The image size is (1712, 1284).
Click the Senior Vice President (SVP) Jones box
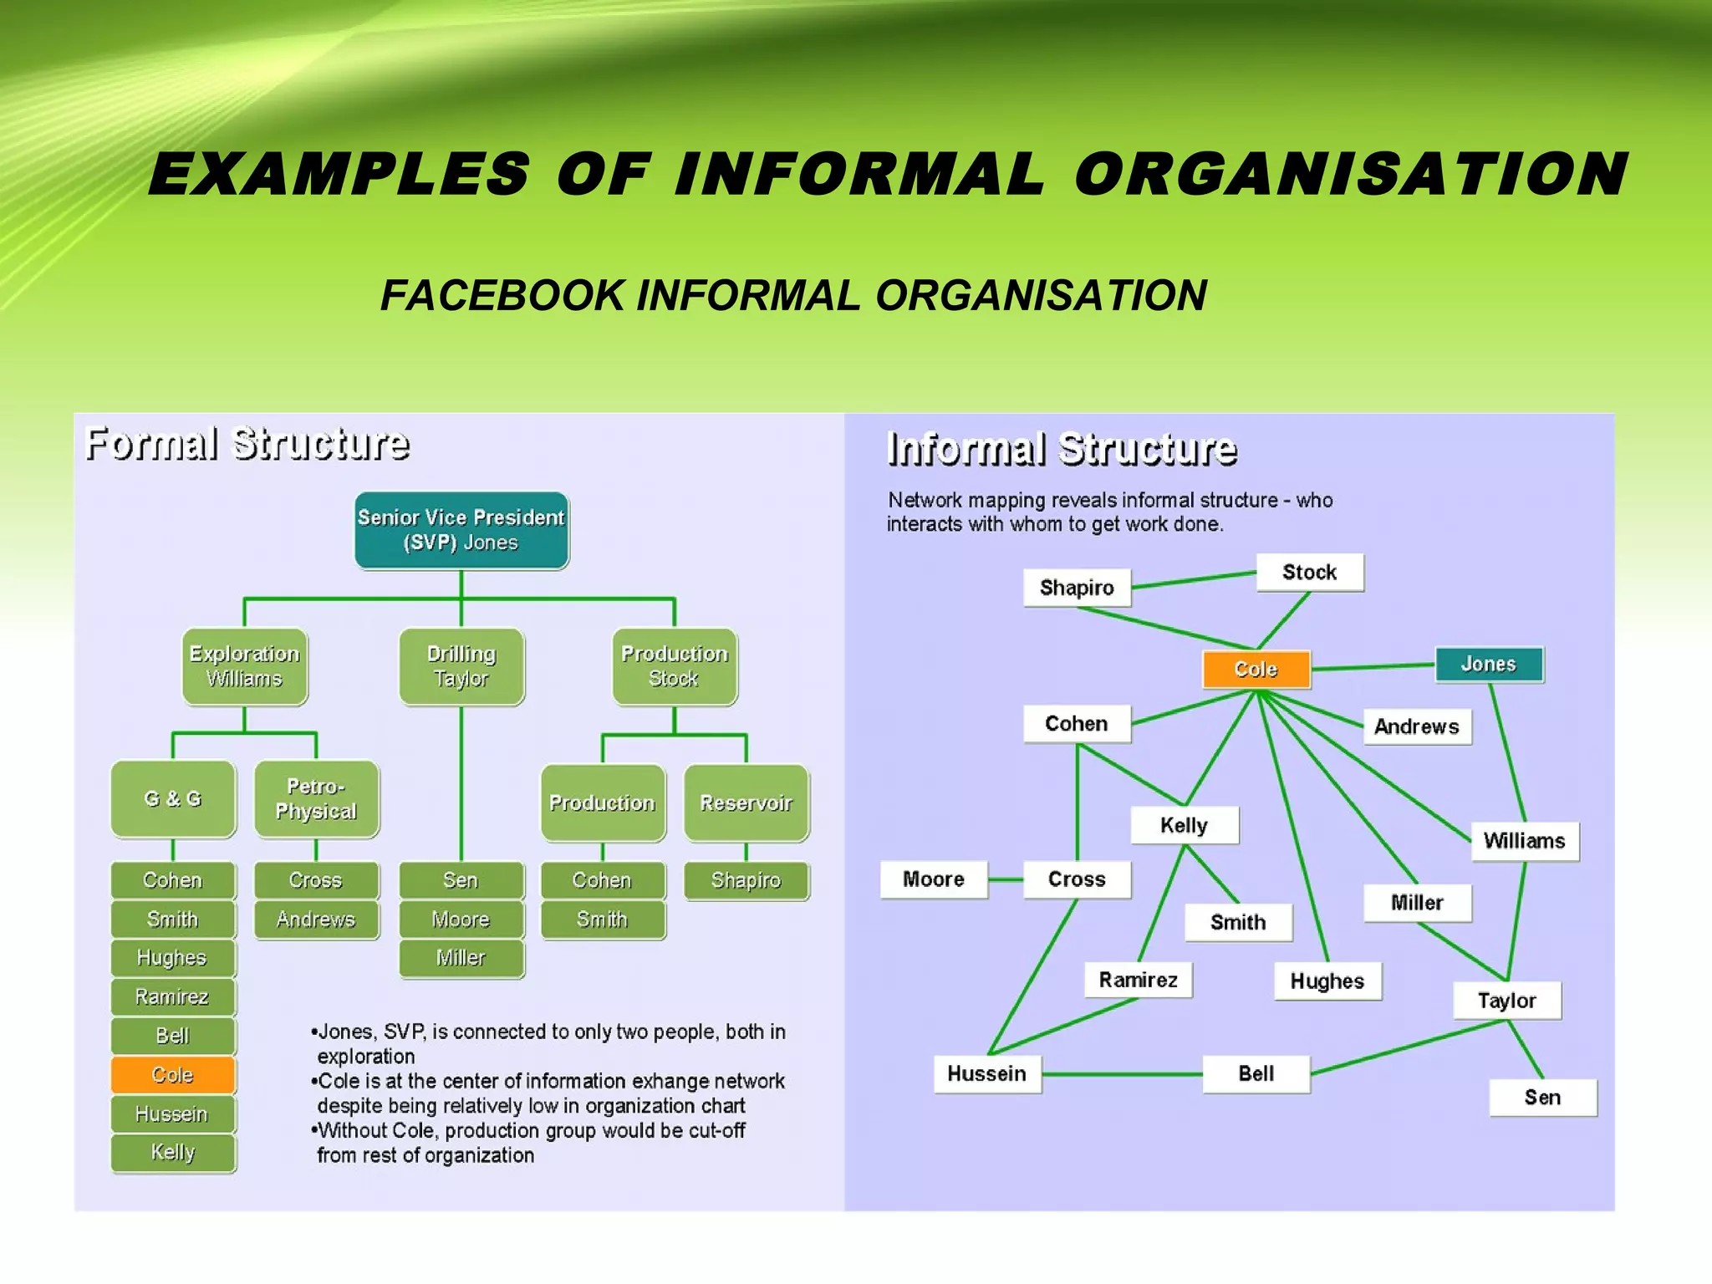tap(461, 530)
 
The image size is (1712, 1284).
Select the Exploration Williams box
tap(244, 666)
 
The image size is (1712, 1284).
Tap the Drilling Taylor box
tap(461, 666)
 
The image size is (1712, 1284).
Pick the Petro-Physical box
tap(316, 799)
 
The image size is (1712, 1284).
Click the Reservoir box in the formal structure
tap(746, 802)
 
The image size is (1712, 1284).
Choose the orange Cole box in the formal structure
tap(173, 1075)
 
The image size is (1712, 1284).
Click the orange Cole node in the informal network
tap(1256, 670)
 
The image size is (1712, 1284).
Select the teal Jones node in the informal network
tap(1489, 665)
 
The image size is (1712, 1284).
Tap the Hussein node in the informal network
tap(987, 1074)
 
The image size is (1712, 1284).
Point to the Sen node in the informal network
tap(1542, 1098)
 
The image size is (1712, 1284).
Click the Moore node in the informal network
tap(934, 879)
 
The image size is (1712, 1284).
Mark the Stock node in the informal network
tap(1310, 573)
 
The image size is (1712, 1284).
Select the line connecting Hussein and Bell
tap(1122, 1074)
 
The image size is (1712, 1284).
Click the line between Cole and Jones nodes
tap(1373, 667)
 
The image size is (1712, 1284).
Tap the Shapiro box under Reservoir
tap(746, 880)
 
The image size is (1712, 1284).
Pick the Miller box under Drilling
tap(461, 958)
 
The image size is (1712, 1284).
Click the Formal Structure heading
tap(247, 444)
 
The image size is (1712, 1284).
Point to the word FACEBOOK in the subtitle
tap(502, 296)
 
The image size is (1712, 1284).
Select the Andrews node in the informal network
tap(1417, 726)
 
